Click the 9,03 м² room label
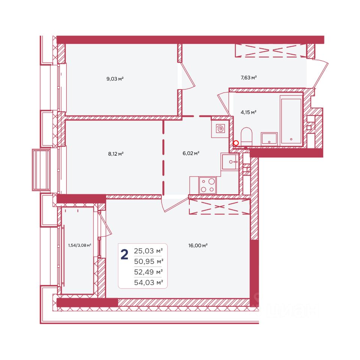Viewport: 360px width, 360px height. (x=115, y=79)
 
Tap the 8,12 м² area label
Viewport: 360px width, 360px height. (x=116, y=154)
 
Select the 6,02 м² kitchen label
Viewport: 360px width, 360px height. (x=191, y=153)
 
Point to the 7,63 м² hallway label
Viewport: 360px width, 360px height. (x=249, y=78)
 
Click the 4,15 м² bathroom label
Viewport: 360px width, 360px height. (x=248, y=112)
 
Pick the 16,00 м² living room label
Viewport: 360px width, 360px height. (x=198, y=245)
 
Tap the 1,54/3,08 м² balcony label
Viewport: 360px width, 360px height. (x=79, y=245)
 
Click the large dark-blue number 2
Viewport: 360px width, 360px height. (x=124, y=255)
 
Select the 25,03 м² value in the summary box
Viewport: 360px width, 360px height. (x=148, y=251)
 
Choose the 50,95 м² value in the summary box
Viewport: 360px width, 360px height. (x=148, y=261)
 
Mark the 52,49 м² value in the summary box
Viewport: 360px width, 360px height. (x=148, y=272)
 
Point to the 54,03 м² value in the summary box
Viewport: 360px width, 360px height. (x=148, y=282)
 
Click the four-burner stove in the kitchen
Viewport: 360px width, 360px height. (x=207, y=185)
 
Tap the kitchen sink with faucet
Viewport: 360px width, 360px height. (x=230, y=162)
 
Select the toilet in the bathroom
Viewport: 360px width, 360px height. (x=247, y=136)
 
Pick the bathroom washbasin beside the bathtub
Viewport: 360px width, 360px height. (x=269, y=138)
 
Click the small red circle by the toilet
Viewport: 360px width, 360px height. (x=236, y=143)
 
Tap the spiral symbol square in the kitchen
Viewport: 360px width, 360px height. (x=220, y=129)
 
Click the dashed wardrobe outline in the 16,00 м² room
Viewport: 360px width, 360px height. (x=219, y=207)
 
